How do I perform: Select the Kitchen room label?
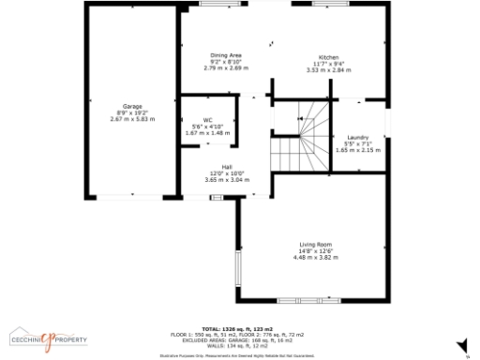click(x=328, y=56)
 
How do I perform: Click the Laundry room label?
click(x=356, y=137)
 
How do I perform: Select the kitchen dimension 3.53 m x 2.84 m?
click(x=328, y=69)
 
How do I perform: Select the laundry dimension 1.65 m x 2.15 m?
click(x=356, y=150)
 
